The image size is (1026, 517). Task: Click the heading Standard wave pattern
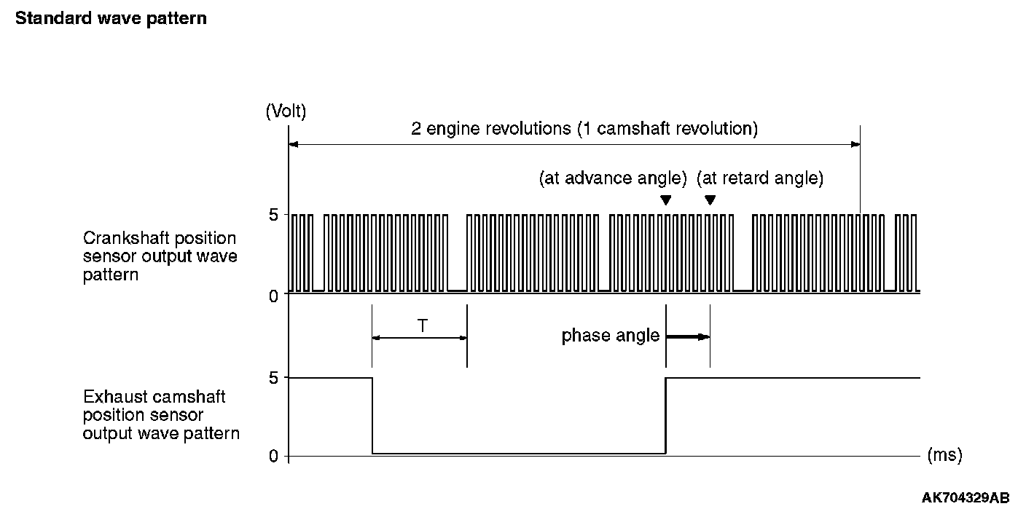pyautogui.click(x=111, y=18)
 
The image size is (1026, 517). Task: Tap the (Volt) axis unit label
pyautogui.click(x=286, y=111)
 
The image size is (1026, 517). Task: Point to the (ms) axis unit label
pyautogui.click(x=944, y=455)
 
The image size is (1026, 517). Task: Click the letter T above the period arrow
pyautogui.click(x=423, y=325)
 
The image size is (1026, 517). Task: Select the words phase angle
pyautogui.click(x=610, y=336)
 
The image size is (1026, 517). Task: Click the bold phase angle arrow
pyautogui.click(x=687, y=336)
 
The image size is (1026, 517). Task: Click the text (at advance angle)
pyautogui.click(x=613, y=178)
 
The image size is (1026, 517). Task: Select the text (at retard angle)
pyautogui.click(x=760, y=178)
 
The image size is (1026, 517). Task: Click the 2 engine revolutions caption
pyautogui.click(x=584, y=130)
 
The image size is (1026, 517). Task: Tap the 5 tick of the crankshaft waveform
pyautogui.click(x=273, y=215)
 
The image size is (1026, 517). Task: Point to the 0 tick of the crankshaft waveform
pyautogui.click(x=273, y=296)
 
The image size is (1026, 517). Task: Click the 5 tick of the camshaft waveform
pyautogui.click(x=273, y=378)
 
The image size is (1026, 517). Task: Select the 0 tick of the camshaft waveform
pyautogui.click(x=273, y=457)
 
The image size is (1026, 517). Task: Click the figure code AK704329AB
pyautogui.click(x=966, y=498)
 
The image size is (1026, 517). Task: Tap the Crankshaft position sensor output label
pyautogui.click(x=160, y=257)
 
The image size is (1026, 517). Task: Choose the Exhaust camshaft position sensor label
pyautogui.click(x=161, y=415)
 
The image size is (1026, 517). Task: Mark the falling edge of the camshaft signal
pyautogui.click(x=372, y=415)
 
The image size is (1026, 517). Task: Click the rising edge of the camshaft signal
pyautogui.click(x=666, y=415)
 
